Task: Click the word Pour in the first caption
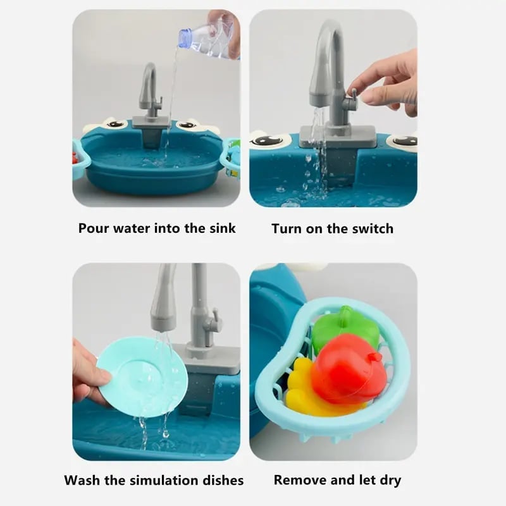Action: point(94,228)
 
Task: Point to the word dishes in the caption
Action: point(223,480)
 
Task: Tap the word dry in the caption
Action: point(390,481)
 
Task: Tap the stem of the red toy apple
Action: point(375,357)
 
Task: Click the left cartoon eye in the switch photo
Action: point(271,140)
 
